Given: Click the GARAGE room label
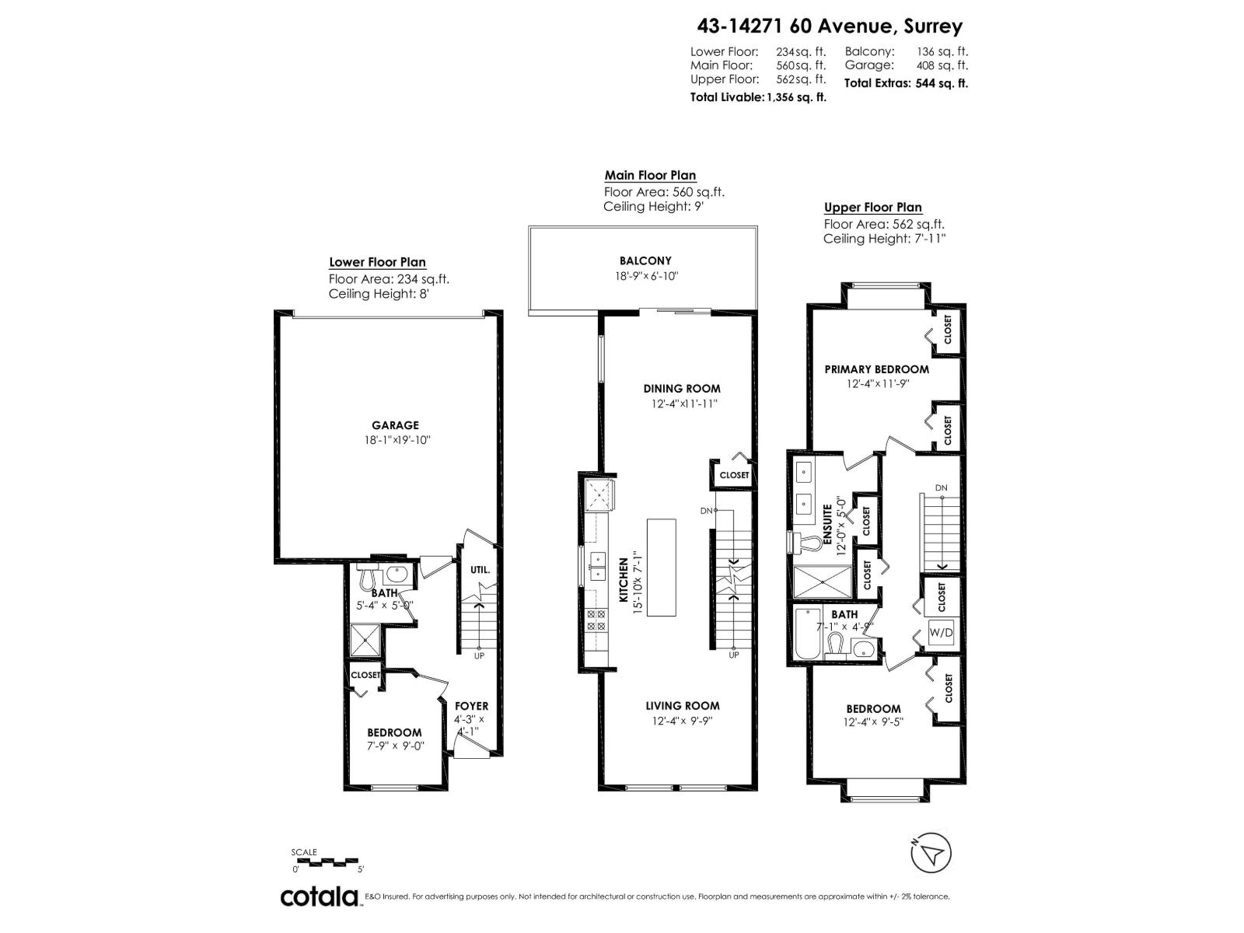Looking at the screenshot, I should pos(395,425).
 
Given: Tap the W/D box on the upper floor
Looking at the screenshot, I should pos(941,633).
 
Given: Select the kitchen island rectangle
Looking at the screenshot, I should pos(661,568).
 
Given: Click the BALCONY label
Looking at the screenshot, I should pos(645,261).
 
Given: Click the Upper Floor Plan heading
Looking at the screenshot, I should pos(872,208).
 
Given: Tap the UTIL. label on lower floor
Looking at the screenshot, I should pos(480,570).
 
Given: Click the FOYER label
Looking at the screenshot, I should pos(471,706).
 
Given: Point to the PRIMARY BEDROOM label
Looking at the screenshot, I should pos(876,369).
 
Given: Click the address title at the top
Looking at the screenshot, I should pos(829,26).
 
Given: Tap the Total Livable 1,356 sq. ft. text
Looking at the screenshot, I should pos(758,97).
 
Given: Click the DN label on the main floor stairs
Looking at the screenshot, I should pos(706,511).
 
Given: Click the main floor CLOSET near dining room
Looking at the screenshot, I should pos(734,475).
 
